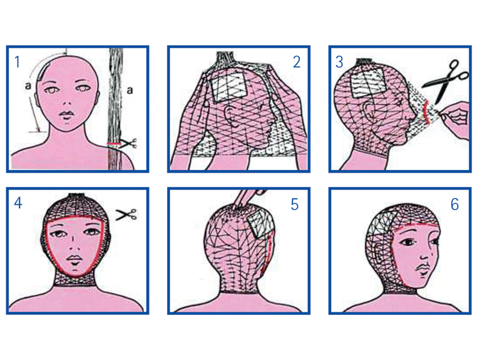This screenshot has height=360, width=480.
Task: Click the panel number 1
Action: click(17, 62)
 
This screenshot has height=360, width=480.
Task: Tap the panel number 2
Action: click(297, 62)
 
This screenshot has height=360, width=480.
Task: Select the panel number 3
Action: click(339, 62)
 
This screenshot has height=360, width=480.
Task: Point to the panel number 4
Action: click(18, 203)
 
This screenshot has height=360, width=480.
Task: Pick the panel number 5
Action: click(294, 204)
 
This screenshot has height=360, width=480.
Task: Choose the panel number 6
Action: click(455, 204)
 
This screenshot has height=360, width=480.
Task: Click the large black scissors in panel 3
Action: click(446, 81)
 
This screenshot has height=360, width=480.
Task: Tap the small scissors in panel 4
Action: click(126, 214)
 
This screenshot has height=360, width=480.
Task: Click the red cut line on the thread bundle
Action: click(114, 143)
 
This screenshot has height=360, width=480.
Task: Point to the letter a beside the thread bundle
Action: click(130, 90)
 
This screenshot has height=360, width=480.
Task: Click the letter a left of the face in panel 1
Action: click(28, 86)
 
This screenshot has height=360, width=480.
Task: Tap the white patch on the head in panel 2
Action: click(229, 85)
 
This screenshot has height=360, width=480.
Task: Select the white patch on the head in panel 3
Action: click(367, 82)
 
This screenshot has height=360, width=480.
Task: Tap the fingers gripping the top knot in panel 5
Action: click(249, 199)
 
